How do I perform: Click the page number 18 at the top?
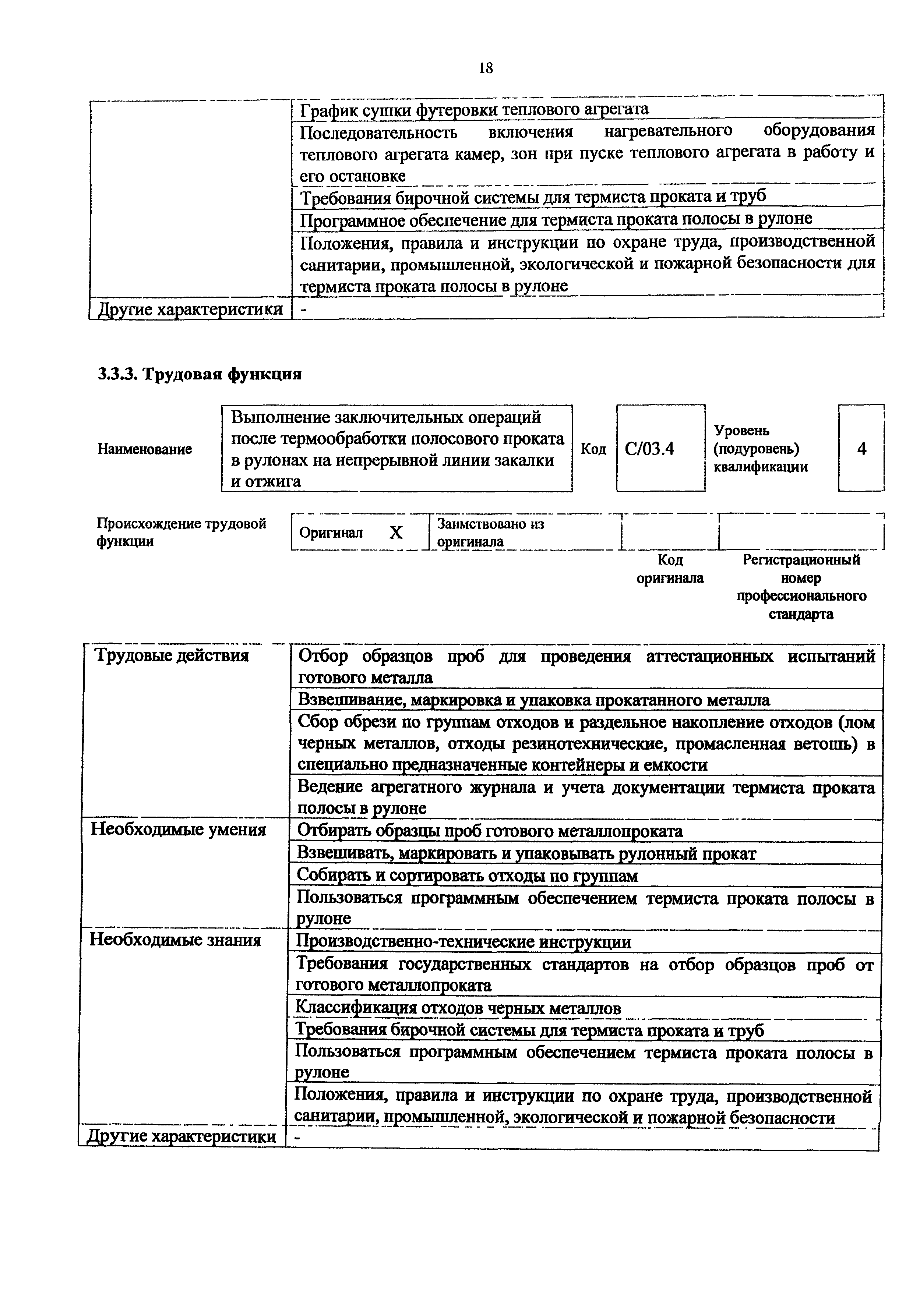click(x=486, y=68)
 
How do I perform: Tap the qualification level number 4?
click(x=861, y=448)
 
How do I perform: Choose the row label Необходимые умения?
click(x=178, y=830)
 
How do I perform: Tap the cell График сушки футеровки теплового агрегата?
click(x=474, y=109)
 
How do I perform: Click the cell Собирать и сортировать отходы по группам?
click(x=467, y=876)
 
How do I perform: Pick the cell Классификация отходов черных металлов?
click(x=458, y=1009)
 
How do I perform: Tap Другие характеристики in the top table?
click(x=190, y=309)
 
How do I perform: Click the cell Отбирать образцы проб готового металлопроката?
click(x=489, y=831)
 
